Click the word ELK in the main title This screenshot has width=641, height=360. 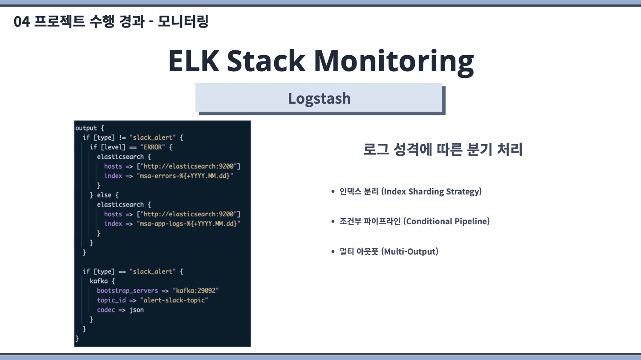point(194,61)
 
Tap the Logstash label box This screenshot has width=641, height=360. point(319,98)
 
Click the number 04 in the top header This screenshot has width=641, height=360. point(21,22)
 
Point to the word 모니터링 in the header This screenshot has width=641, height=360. point(183,21)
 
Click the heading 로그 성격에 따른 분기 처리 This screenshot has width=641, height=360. point(442,150)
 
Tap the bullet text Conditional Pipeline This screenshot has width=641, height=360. point(447,221)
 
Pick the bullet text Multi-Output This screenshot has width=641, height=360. point(410,251)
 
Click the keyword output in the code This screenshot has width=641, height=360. point(86,128)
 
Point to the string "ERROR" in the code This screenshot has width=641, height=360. point(153,147)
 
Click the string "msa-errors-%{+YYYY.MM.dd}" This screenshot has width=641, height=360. point(185,176)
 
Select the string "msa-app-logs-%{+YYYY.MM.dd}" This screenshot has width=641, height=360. point(188,223)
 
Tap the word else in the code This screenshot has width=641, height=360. point(104,195)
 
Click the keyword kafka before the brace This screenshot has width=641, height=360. point(99,281)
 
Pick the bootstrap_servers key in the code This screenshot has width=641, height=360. point(127,291)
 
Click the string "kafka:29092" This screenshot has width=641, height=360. point(195,291)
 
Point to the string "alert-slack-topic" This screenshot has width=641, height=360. point(174,300)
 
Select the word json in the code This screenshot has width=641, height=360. point(137,310)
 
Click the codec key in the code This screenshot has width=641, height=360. point(106,310)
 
